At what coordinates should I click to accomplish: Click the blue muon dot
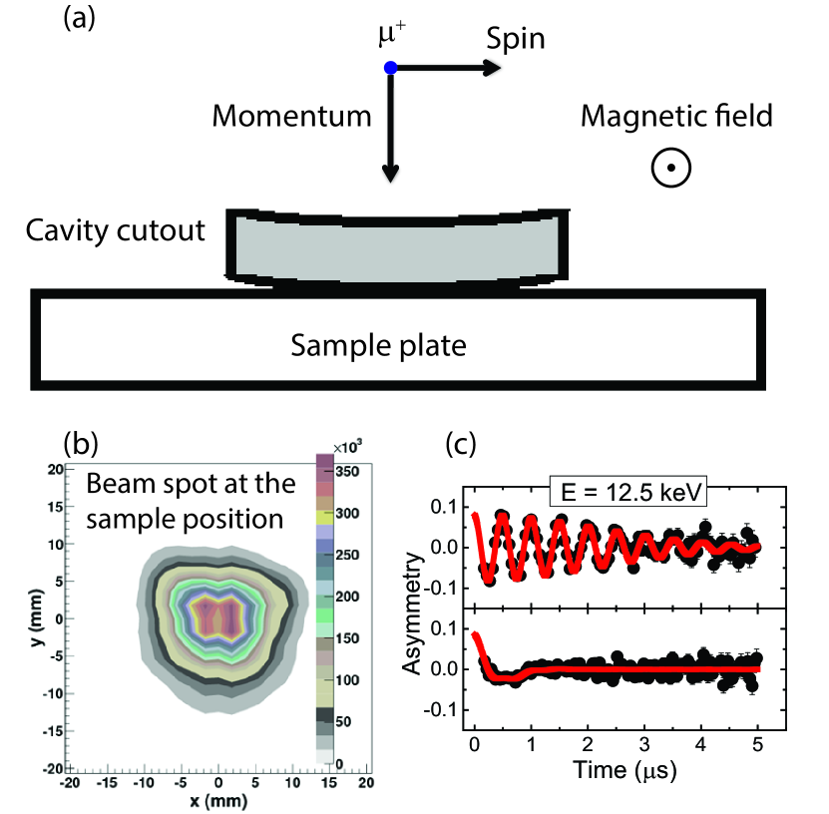click(x=391, y=68)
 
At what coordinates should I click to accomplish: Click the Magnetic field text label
click(x=676, y=117)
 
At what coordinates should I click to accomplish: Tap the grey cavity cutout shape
click(x=399, y=246)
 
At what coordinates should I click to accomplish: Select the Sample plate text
click(x=379, y=346)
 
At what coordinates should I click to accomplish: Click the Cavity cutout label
click(x=118, y=231)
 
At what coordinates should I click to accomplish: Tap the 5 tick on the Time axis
click(x=758, y=744)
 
